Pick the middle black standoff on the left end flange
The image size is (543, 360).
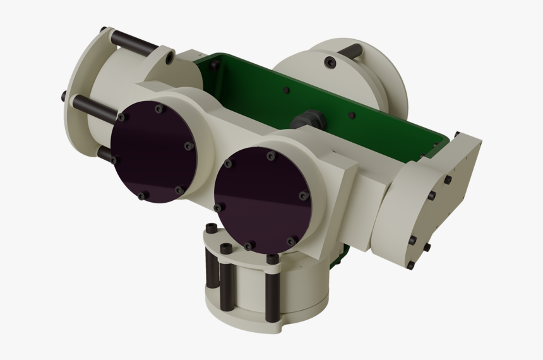pyautogui.click(x=95, y=108)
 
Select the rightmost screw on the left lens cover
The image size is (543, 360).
pyautogui.click(x=188, y=147)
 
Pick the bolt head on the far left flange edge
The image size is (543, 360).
pyautogui.click(x=64, y=97)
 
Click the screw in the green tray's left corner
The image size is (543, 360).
pyautogui.click(x=215, y=64)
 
